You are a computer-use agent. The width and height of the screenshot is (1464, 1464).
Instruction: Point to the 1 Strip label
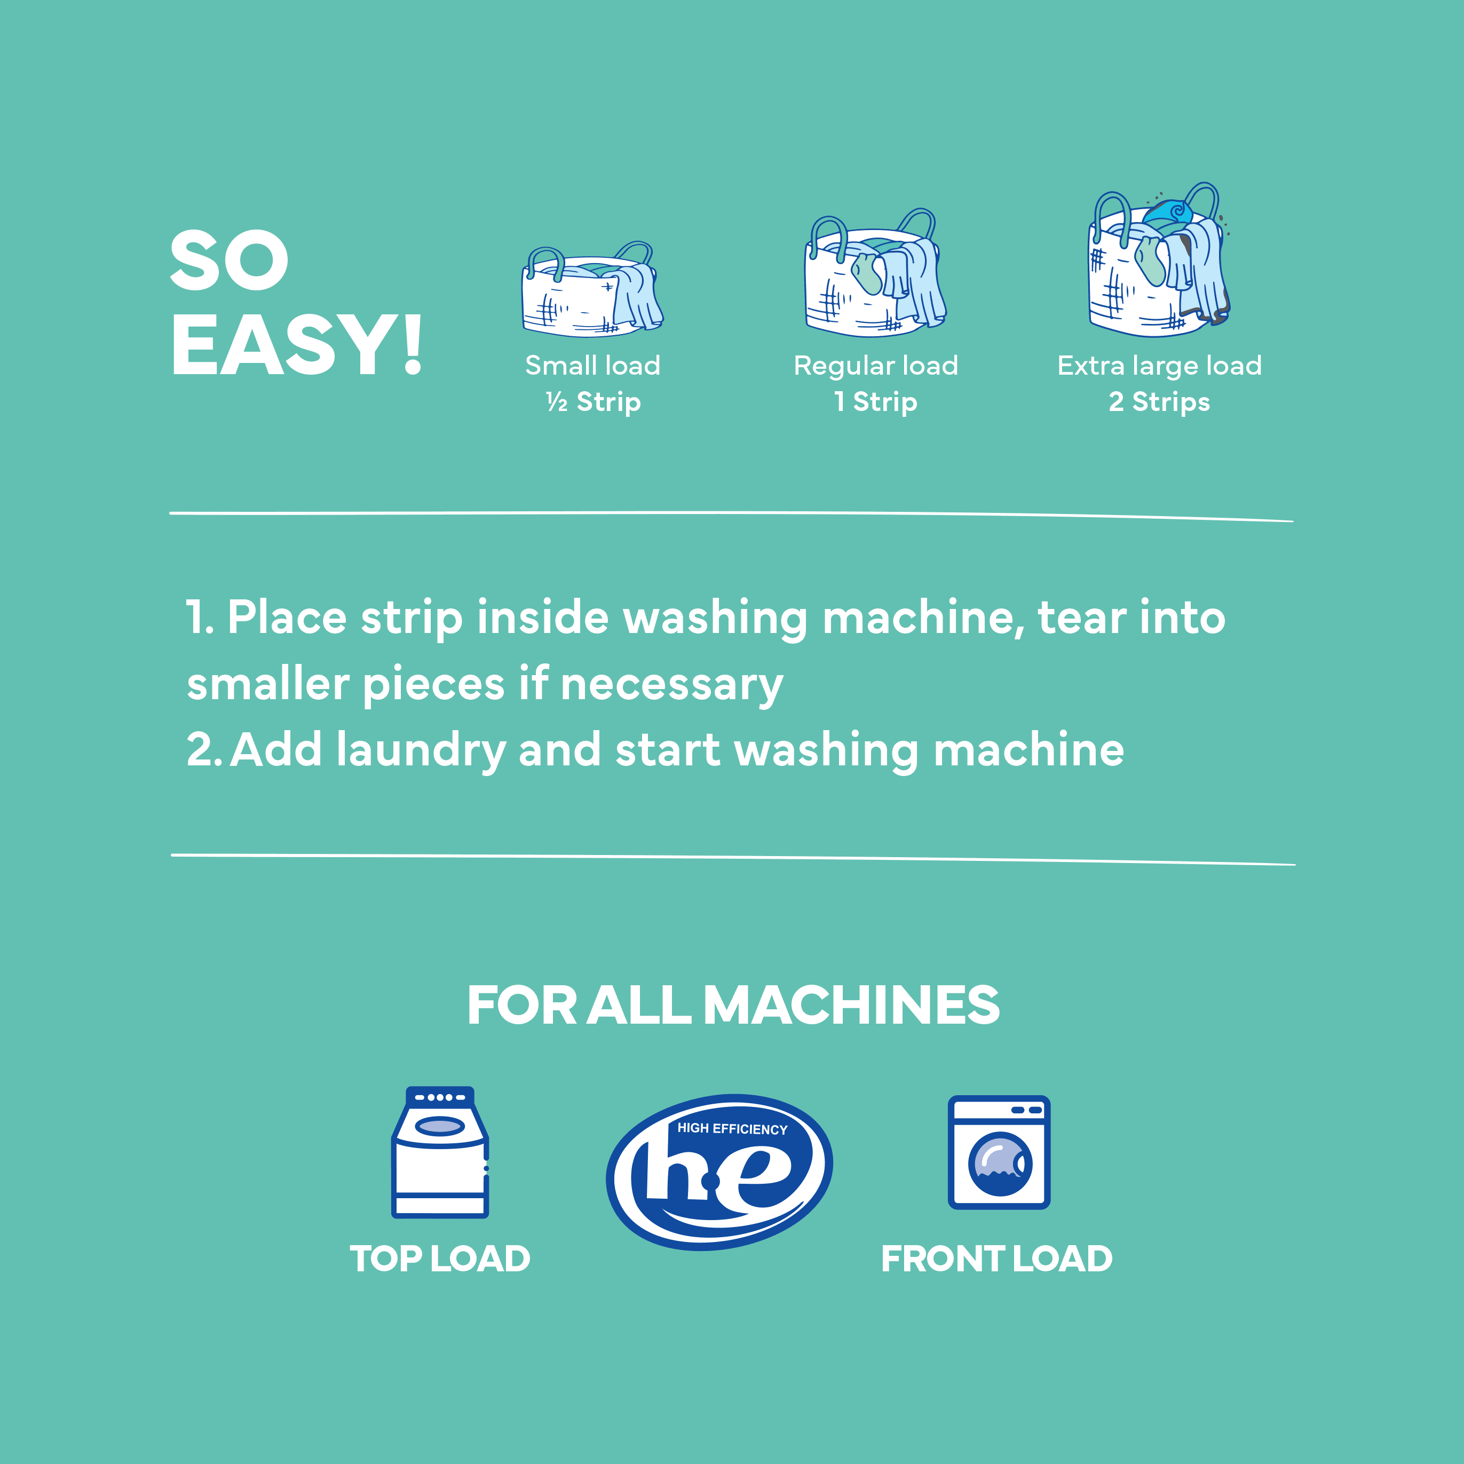click(x=875, y=401)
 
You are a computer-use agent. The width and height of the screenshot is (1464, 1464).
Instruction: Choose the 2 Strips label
click(x=1159, y=401)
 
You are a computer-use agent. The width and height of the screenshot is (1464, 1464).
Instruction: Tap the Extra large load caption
click(x=1159, y=365)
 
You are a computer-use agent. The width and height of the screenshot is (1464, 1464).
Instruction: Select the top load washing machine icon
click(x=439, y=1152)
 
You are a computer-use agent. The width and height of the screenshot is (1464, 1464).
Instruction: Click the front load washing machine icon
click(x=999, y=1152)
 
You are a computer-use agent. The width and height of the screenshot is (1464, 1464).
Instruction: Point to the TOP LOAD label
click(x=439, y=1259)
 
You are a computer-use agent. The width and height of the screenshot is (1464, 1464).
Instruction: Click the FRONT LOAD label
click(x=996, y=1259)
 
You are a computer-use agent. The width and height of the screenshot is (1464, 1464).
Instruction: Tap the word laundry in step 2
click(x=421, y=750)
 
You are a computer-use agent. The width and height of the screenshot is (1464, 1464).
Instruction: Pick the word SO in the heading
click(x=229, y=260)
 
